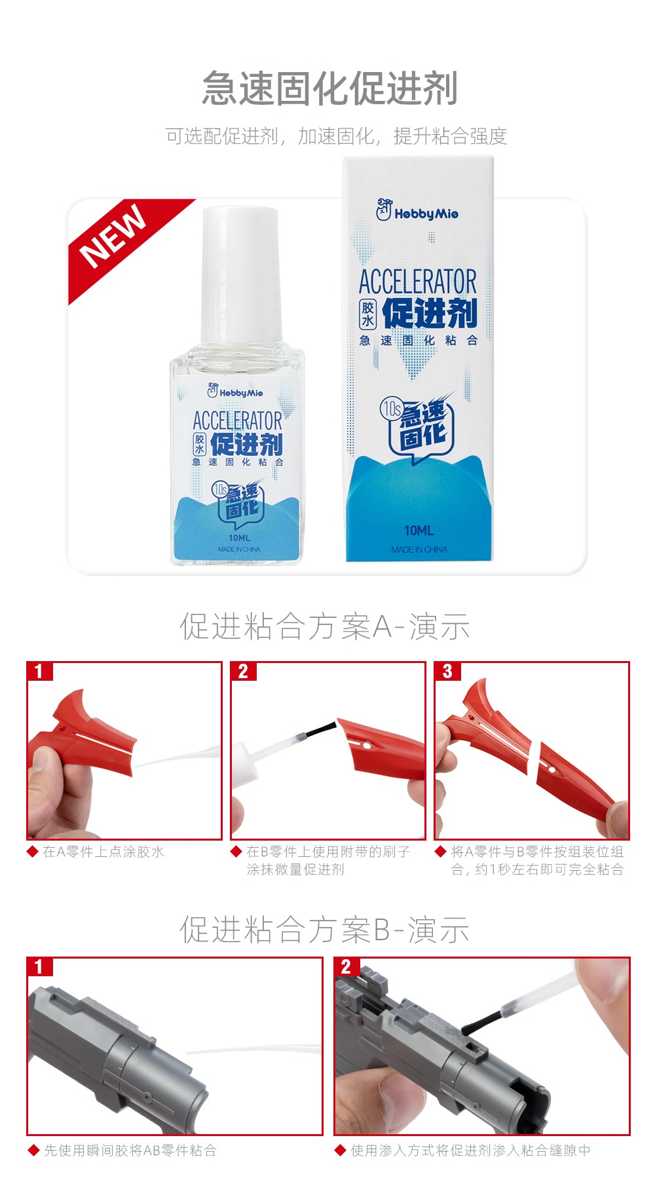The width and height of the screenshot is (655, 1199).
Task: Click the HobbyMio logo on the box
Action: [x=417, y=211]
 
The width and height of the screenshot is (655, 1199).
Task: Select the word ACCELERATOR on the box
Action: [x=418, y=282]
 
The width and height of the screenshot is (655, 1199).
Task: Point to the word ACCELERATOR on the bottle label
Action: [x=237, y=420]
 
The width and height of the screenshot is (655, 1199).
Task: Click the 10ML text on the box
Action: [x=419, y=530]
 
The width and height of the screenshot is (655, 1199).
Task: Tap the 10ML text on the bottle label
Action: [x=239, y=538]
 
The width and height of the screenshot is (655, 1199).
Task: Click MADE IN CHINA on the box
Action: [x=419, y=550]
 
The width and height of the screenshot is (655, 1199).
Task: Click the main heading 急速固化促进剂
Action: [x=329, y=88]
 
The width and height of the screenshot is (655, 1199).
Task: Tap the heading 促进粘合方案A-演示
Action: [x=325, y=626]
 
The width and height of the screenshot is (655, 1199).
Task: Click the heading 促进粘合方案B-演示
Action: [x=325, y=930]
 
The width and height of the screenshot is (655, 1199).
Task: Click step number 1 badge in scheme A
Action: [x=39, y=671]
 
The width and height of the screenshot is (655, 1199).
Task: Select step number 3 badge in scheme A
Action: [x=447, y=671]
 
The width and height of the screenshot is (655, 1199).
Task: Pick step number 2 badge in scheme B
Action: [x=346, y=966]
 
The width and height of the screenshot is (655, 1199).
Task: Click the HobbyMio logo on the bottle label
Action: [x=235, y=392]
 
